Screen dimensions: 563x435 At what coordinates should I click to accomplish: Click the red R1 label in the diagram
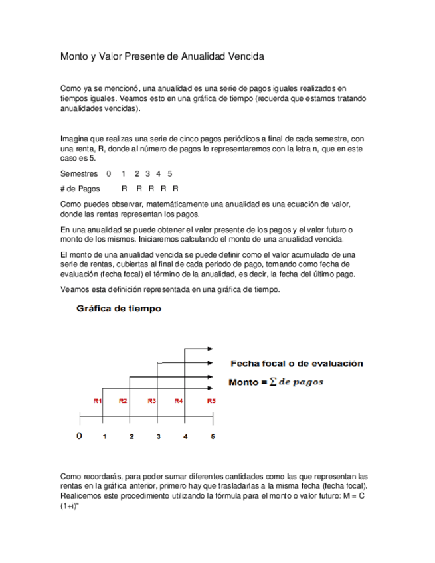pos(97,401)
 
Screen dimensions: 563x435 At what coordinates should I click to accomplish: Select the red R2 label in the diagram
pos(123,401)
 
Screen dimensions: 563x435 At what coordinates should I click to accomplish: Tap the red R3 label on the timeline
pos(151,401)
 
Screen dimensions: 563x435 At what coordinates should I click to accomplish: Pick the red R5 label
pos(211,401)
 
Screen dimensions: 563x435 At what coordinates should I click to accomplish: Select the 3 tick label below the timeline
pos(158,436)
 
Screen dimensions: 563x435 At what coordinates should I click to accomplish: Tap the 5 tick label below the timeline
pos(213,436)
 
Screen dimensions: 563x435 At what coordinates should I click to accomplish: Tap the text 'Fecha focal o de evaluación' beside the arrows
pos(296,364)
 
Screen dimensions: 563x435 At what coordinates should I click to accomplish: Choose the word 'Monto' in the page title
pos(74,57)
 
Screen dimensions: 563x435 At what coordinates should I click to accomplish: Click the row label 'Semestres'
pos(78,173)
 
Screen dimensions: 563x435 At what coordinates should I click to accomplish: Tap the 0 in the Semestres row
pos(108,173)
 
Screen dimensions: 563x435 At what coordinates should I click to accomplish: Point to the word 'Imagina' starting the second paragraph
pos(75,139)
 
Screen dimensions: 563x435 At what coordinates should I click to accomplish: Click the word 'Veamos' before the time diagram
pos(75,290)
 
